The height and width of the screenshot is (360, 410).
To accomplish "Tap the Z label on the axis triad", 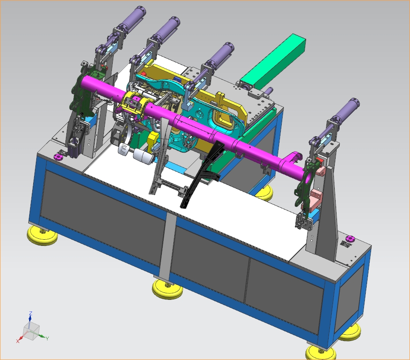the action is pyautogui.click(x=31, y=313).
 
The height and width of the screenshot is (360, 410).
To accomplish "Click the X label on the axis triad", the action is pyautogui.click(x=18, y=341).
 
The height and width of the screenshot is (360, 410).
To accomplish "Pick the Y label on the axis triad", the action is pyautogui.click(x=47, y=338).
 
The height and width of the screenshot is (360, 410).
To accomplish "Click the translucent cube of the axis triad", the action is pyautogui.click(x=31, y=331).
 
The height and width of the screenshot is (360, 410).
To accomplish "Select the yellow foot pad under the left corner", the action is pyautogui.click(x=42, y=236).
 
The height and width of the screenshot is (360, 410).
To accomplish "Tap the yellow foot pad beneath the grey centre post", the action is pyautogui.click(x=168, y=289).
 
